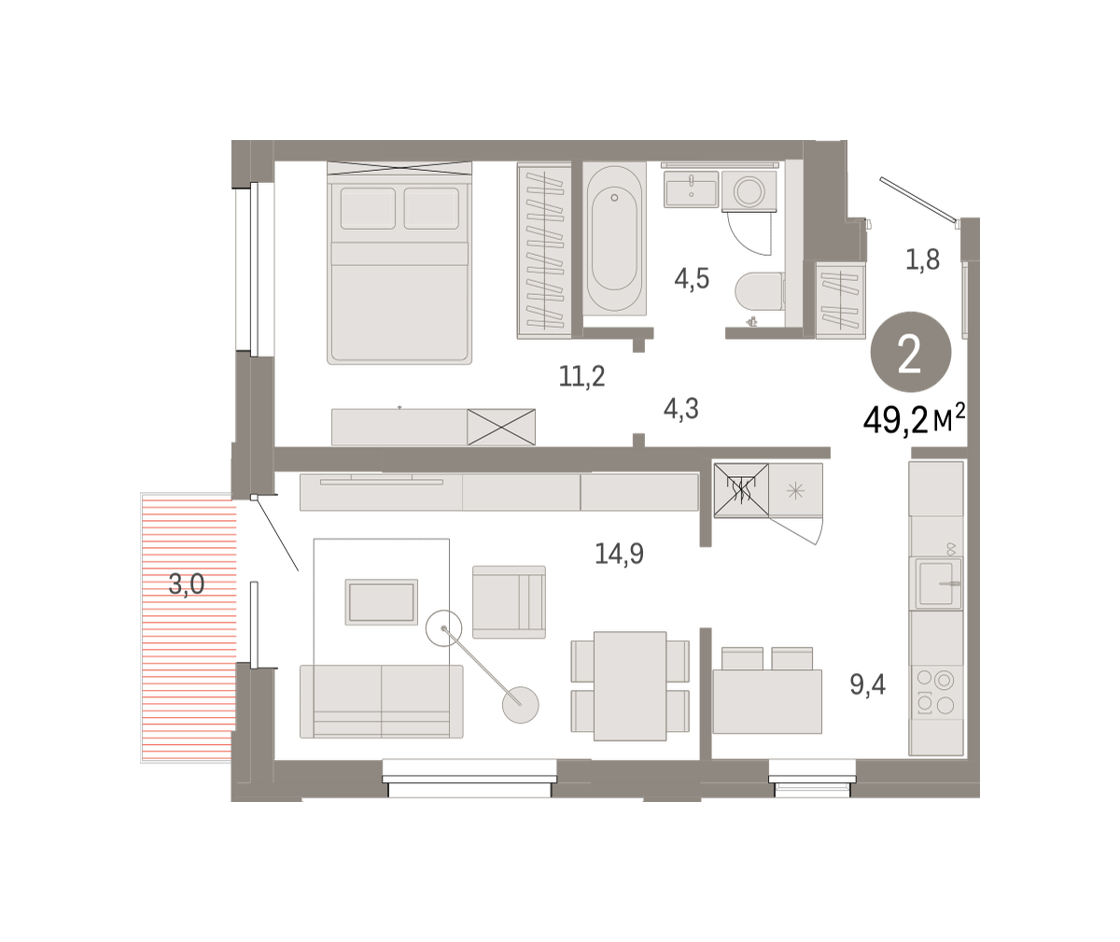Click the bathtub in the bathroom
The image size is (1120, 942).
coord(614,239)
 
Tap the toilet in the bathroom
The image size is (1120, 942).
coord(759,292)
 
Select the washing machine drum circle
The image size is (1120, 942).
coord(749,190)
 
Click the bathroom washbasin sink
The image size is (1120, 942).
coord(691,189)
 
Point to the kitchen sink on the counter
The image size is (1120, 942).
coord(935,583)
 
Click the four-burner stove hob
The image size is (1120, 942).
coord(935,692)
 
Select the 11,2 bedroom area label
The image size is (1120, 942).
coord(582,376)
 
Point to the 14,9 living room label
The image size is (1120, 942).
coord(619,553)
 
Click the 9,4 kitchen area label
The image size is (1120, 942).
coord(867,684)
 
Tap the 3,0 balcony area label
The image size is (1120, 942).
coord(186,583)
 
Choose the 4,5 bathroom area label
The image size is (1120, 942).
coord(692,279)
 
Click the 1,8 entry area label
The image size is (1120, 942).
coord(922,260)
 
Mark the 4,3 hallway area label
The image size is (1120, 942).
coord(680,409)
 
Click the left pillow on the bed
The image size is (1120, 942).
coord(368,208)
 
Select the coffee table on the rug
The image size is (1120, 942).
coord(382,602)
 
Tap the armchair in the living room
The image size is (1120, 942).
coord(509,602)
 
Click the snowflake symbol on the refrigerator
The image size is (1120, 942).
coord(795,491)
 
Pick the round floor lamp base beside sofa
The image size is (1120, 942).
coord(520,705)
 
